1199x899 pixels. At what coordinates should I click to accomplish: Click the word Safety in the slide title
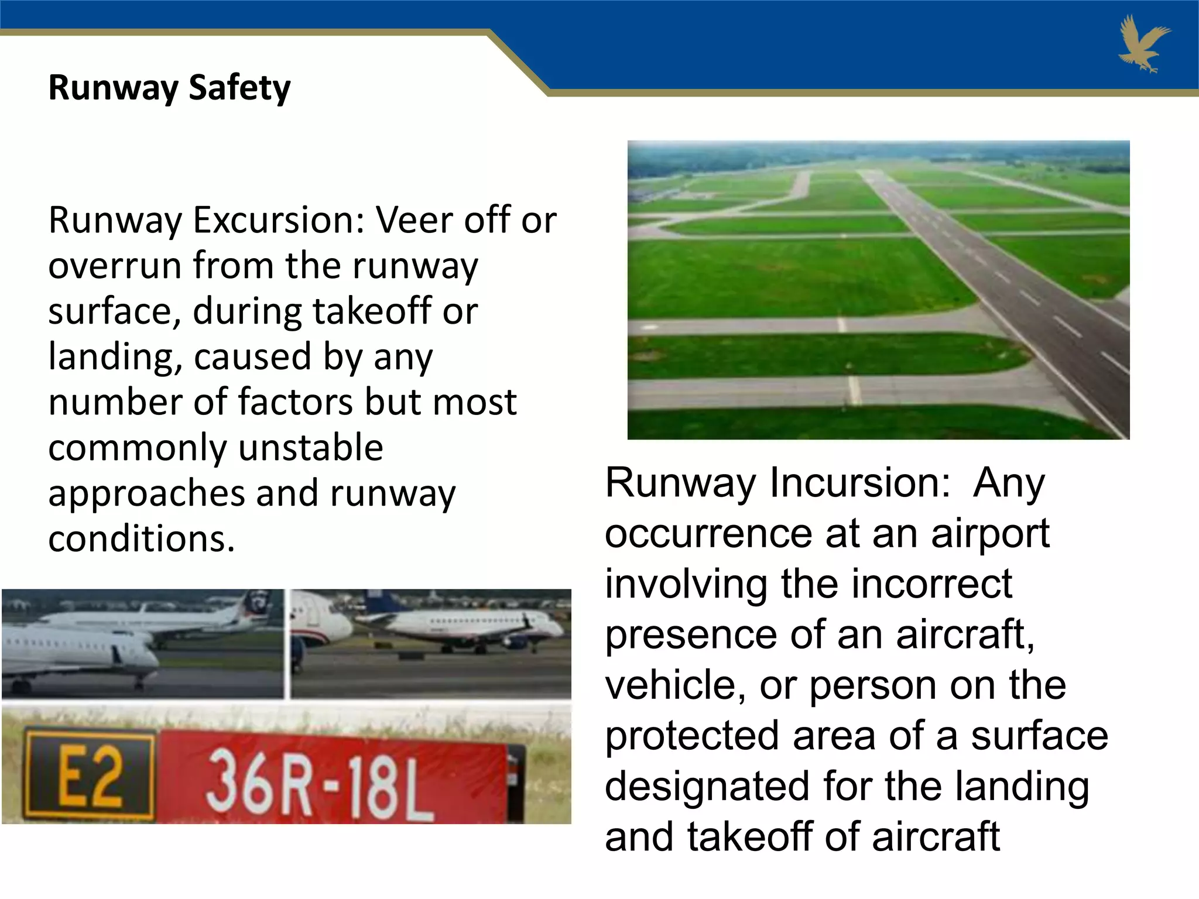239,88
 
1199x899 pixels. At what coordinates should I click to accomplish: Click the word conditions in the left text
141,538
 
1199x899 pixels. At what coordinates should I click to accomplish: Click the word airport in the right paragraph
990,533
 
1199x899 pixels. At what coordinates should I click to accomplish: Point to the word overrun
114,266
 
